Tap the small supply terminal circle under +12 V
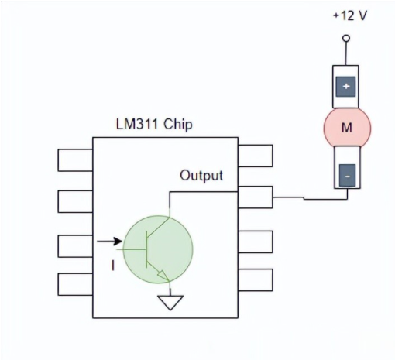(346, 37)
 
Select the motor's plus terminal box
(346, 87)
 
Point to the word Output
(201, 176)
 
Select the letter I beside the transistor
(113, 266)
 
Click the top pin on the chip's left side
(75, 159)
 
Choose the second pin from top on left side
(75, 201)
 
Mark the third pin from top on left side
(75, 245)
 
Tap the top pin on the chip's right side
(255, 156)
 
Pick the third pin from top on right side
(255, 242)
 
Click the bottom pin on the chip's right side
(255, 279)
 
